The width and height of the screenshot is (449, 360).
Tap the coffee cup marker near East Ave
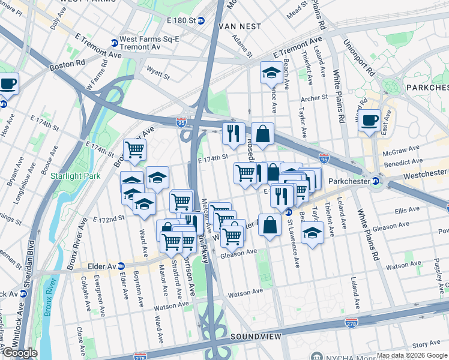pos(369,119)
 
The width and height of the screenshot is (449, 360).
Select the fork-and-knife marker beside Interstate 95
pos(233,133)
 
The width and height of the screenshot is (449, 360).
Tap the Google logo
pos(20,353)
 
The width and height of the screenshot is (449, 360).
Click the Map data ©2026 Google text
pos(412,355)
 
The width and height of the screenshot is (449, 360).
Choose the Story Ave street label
pos(427,344)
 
